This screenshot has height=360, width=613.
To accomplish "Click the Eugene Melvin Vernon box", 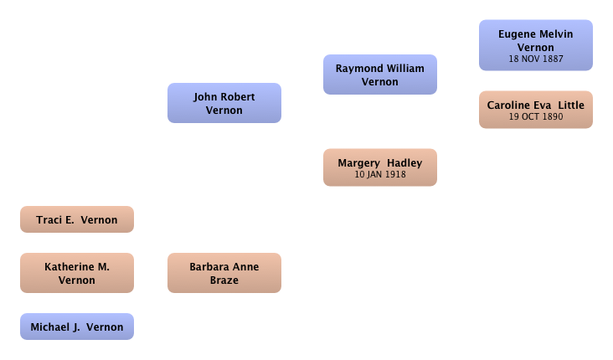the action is [536, 45].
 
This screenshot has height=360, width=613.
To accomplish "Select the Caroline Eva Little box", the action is [536, 110].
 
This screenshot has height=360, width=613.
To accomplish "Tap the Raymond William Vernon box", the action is [380, 75].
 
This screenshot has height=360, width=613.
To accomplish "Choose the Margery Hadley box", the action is [380, 167].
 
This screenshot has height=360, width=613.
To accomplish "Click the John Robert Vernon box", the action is [224, 103].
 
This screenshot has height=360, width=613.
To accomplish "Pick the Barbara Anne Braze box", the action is [224, 273].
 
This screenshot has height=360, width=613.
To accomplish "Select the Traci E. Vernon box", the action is [77, 219].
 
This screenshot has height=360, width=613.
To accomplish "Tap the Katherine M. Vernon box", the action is [77, 273].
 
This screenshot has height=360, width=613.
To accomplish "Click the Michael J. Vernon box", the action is [77, 327].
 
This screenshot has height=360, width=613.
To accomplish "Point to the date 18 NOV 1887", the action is [536, 59].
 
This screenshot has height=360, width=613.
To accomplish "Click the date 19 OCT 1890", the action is [536, 116].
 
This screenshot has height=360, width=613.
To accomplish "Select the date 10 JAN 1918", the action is [380, 174].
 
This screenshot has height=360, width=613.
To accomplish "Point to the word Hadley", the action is [404, 163].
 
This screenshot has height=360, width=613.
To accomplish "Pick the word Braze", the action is [224, 280].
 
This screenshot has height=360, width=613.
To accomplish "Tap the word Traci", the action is [49, 219].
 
